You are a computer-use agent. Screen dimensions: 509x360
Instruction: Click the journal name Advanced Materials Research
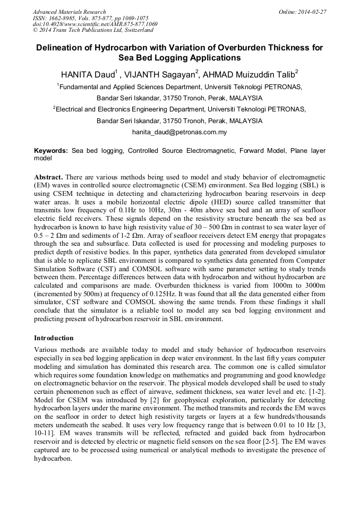69,12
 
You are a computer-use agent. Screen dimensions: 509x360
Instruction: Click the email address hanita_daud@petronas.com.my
179,132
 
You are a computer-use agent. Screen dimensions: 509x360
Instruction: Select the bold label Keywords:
51,151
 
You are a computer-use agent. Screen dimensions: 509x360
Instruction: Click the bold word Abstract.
49,176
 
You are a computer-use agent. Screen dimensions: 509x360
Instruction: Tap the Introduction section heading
54,338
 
